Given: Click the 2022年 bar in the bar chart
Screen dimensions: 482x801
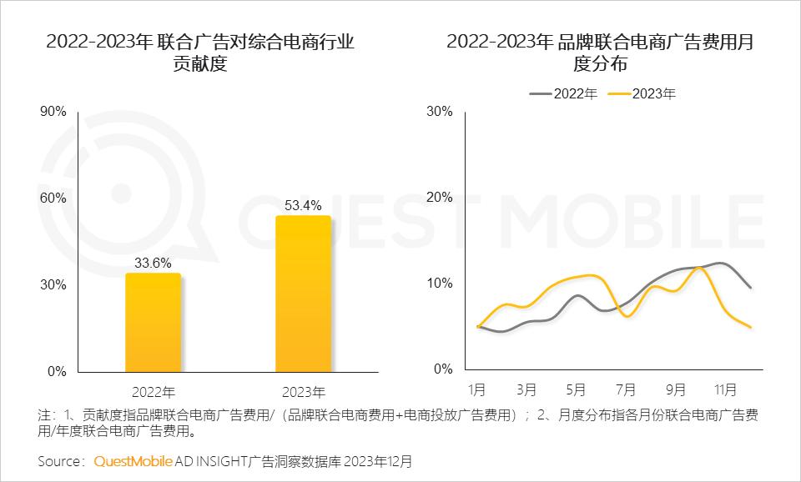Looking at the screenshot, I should pyautogui.click(x=153, y=323).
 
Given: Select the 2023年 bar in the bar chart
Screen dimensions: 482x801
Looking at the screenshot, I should pyautogui.click(x=303, y=294).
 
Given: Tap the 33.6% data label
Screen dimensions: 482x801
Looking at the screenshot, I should pyautogui.click(x=153, y=263).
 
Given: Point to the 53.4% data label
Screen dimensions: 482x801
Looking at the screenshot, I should pyautogui.click(x=303, y=205).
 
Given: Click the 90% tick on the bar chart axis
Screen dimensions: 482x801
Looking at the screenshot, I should pyautogui.click(x=53, y=112).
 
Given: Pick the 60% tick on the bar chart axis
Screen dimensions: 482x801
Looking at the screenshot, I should pyautogui.click(x=53, y=198).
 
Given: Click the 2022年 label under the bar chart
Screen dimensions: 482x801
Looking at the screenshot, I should pyautogui.click(x=154, y=391).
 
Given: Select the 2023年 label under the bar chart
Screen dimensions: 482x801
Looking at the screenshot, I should pyautogui.click(x=304, y=391).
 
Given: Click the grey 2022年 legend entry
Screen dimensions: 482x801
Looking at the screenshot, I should pyautogui.click(x=564, y=93).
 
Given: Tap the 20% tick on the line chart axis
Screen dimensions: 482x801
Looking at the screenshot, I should pyautogui.click(x=439, y=198).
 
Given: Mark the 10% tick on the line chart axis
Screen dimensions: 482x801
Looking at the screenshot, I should pyautogui.click(x=439, y=284).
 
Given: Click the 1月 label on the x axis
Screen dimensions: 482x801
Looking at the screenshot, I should pyautogui.click(x=477, y=389).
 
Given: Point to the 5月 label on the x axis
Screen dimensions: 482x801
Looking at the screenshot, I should pyautogui.click(x=576, y=389).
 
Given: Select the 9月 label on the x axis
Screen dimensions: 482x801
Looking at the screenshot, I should pyautogui.click(x=676, y=389).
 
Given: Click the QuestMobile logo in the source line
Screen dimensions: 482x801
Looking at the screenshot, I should pyautogui.click(x=133, y=460).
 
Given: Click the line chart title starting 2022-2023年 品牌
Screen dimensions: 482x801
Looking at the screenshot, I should pyautogui.click(x=599, y=53).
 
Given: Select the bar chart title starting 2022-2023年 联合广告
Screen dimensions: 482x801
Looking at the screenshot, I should pyautogui.click(x=200, y=53).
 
